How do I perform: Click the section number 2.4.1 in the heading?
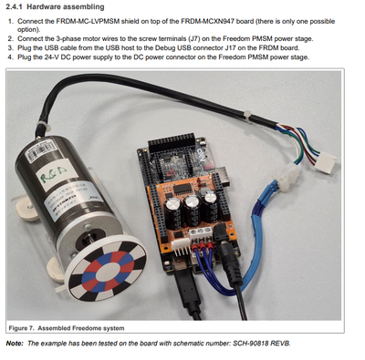(x=14, y=6)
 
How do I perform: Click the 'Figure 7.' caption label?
(x=22, y=328)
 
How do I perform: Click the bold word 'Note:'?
(x=15, y=344)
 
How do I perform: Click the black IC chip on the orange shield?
(x=182, y=189)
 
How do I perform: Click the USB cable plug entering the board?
(x=186, y=285)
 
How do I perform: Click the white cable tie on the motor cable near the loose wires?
(x=248, y=118)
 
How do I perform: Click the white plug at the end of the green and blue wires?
(x=325, y=161)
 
